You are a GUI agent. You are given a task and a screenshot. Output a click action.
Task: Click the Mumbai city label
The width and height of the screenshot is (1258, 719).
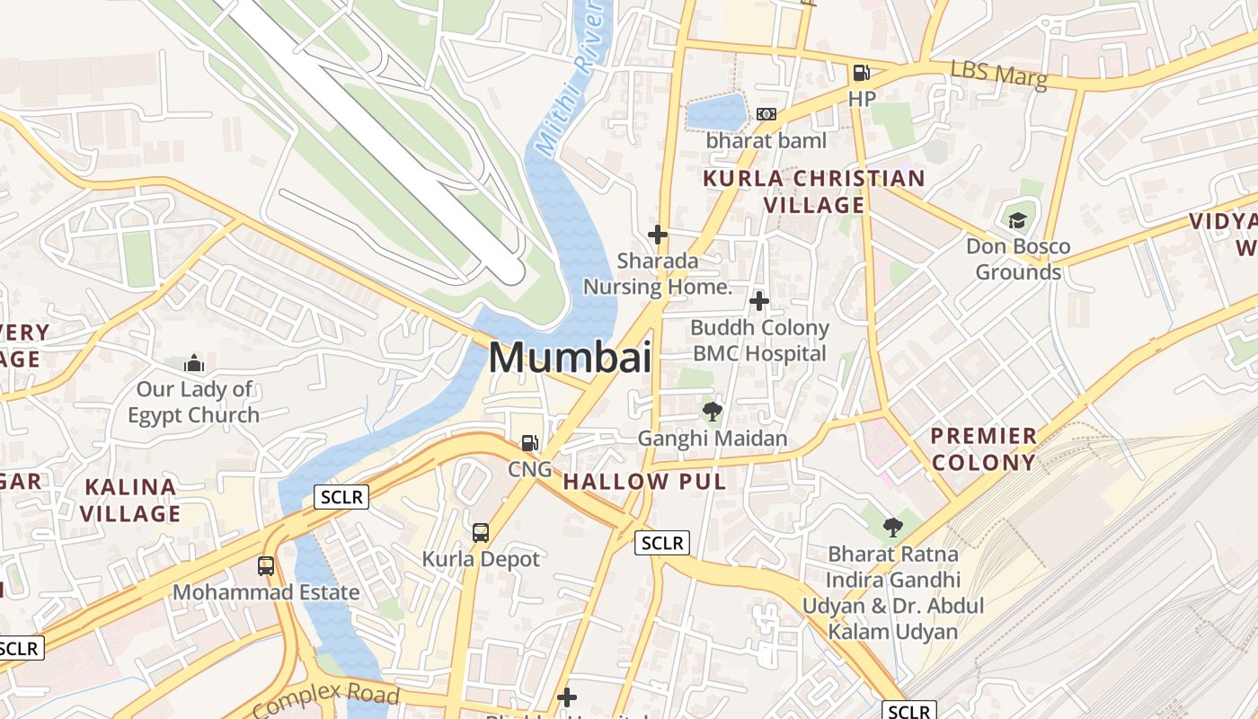click(570, 358)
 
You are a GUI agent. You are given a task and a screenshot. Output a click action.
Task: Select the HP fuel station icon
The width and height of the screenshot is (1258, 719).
click(861, 73)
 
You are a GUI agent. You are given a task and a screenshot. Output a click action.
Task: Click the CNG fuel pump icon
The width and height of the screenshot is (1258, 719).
click(530, 443)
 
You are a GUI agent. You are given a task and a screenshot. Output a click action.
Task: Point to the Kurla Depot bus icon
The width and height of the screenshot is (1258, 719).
click(481, 532)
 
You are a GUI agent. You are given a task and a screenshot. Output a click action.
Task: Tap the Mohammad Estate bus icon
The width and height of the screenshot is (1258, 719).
click(266, 566)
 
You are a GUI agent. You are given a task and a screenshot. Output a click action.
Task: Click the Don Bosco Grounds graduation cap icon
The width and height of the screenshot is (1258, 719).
click(1017, 220)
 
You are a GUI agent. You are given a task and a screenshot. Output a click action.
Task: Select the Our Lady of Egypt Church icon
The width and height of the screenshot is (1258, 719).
click(193, 364)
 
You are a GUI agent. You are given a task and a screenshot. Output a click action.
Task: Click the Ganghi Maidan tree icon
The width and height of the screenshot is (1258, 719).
click(713, 413)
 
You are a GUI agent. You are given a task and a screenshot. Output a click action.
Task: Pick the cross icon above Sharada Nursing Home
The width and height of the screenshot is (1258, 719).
click(658, 235)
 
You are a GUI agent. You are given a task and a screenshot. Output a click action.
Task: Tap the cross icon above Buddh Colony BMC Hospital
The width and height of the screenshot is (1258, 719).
click(759, 300)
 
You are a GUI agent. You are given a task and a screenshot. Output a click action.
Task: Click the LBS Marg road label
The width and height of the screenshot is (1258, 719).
click(998, 75)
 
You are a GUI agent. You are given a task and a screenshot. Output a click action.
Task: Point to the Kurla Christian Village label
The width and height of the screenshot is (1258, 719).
click(813, 191)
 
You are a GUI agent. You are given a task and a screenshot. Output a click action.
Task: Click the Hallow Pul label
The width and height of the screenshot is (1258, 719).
click(643, 482)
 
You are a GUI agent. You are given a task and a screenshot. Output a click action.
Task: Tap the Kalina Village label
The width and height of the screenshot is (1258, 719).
click(132, 501)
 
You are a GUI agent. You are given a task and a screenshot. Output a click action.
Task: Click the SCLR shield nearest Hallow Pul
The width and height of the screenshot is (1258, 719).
click(662, 543)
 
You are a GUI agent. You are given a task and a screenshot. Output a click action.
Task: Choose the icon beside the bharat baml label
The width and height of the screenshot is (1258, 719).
click(766, 114)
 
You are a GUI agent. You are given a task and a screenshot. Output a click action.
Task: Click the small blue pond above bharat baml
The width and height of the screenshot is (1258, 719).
click(716, 111)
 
